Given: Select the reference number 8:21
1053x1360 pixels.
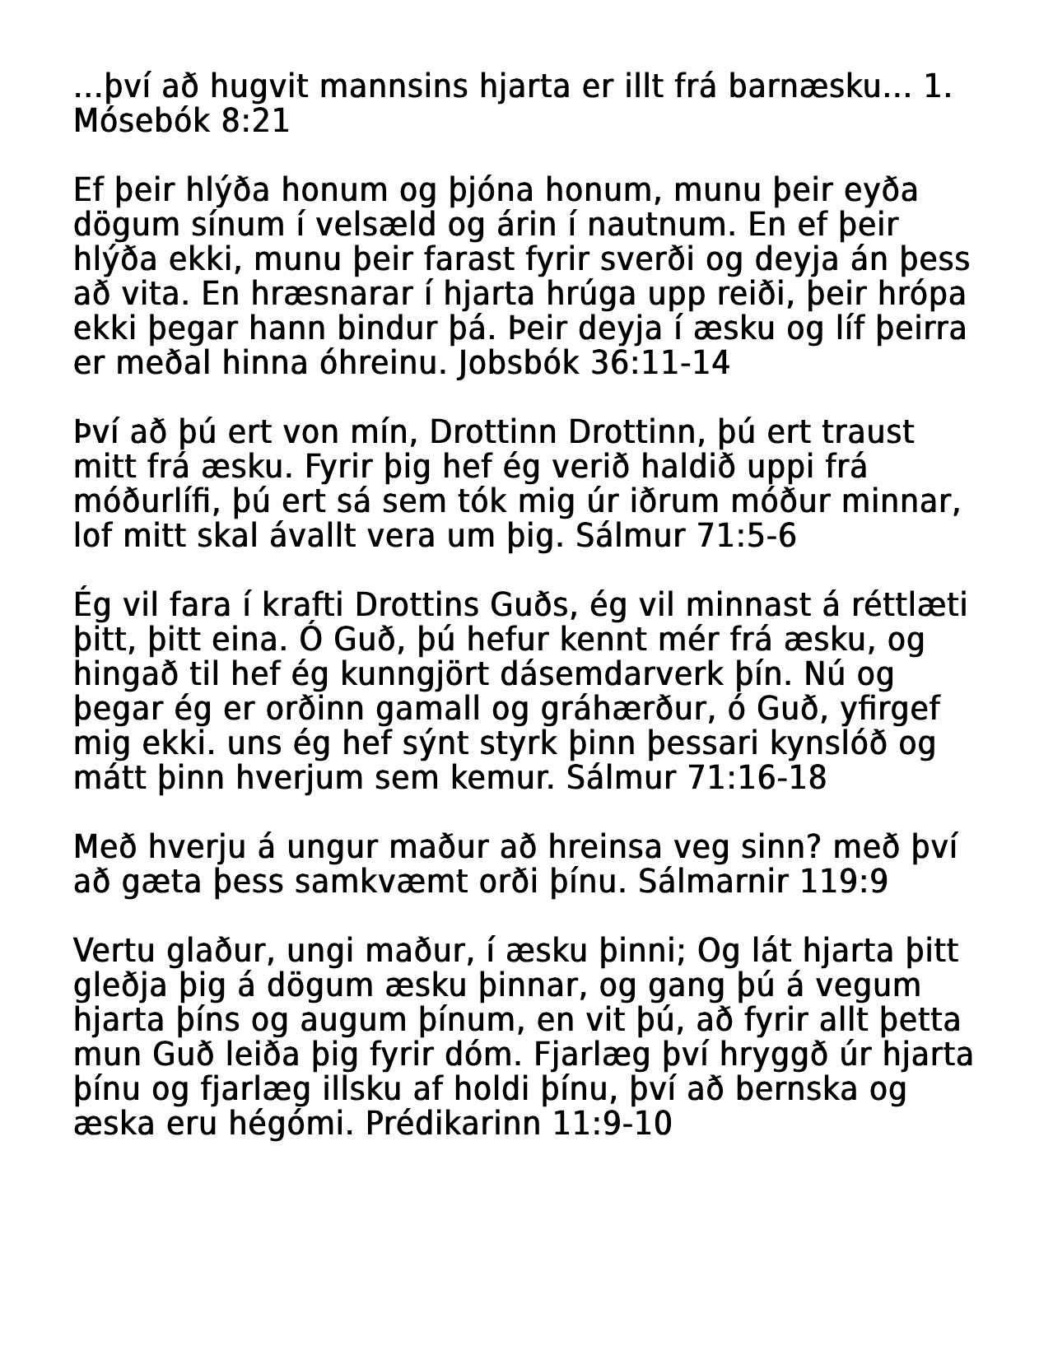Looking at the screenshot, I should (x=255, y=121).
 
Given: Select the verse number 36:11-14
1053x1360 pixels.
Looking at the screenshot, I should (x=660, y=363).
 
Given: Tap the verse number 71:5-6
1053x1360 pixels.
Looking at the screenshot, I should (x=747, y=536).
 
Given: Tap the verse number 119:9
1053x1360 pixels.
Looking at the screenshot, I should (x=844, y=882).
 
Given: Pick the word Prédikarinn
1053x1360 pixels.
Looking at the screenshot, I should (x=453, y=1124).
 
